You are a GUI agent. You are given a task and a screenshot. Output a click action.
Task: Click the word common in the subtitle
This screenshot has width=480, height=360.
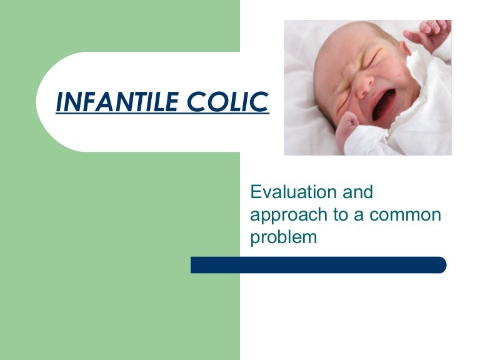[406, 214]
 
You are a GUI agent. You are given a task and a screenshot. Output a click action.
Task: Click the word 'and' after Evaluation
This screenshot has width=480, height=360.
[359, 191]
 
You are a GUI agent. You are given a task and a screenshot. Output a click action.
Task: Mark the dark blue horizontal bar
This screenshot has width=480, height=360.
[319, 265]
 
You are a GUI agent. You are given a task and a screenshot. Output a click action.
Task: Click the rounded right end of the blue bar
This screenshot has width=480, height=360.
[441, 265]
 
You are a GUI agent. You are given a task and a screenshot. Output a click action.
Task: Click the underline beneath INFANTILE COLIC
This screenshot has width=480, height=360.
[162, 114]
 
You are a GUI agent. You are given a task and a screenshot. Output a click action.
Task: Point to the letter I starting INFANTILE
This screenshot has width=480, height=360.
[60, 101]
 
